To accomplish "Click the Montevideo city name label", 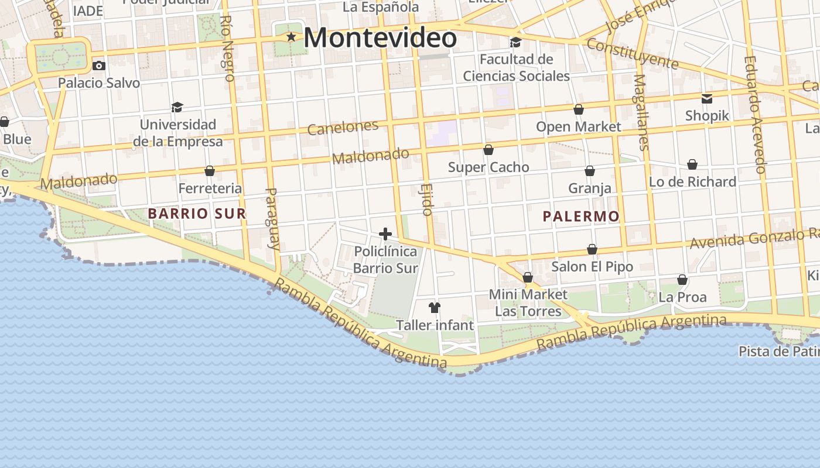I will point(380,39).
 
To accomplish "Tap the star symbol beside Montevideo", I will point(291,37).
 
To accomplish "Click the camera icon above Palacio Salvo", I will point(99,66).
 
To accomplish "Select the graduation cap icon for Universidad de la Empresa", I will point(177,107).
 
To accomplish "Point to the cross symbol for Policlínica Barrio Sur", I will point(385,234).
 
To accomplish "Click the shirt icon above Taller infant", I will point(434,307).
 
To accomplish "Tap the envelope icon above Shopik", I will point(707,98).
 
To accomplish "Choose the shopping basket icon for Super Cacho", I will point(488,150).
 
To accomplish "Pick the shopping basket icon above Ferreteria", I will point(210,171).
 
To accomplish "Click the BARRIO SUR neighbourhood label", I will point(197,214).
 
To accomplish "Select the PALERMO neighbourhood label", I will point(580,216).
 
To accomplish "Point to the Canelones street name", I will point(343,128).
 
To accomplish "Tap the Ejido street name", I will point(426,199).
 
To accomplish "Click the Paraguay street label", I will point(272,218).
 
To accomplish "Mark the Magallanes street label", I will point(641,112).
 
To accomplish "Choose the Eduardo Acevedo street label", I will point(754,115).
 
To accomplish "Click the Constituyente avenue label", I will point(632,54).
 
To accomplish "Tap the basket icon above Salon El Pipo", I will point(592,250).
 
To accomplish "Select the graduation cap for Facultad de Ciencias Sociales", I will point(515,42).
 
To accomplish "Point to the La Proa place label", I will point(682,297).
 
